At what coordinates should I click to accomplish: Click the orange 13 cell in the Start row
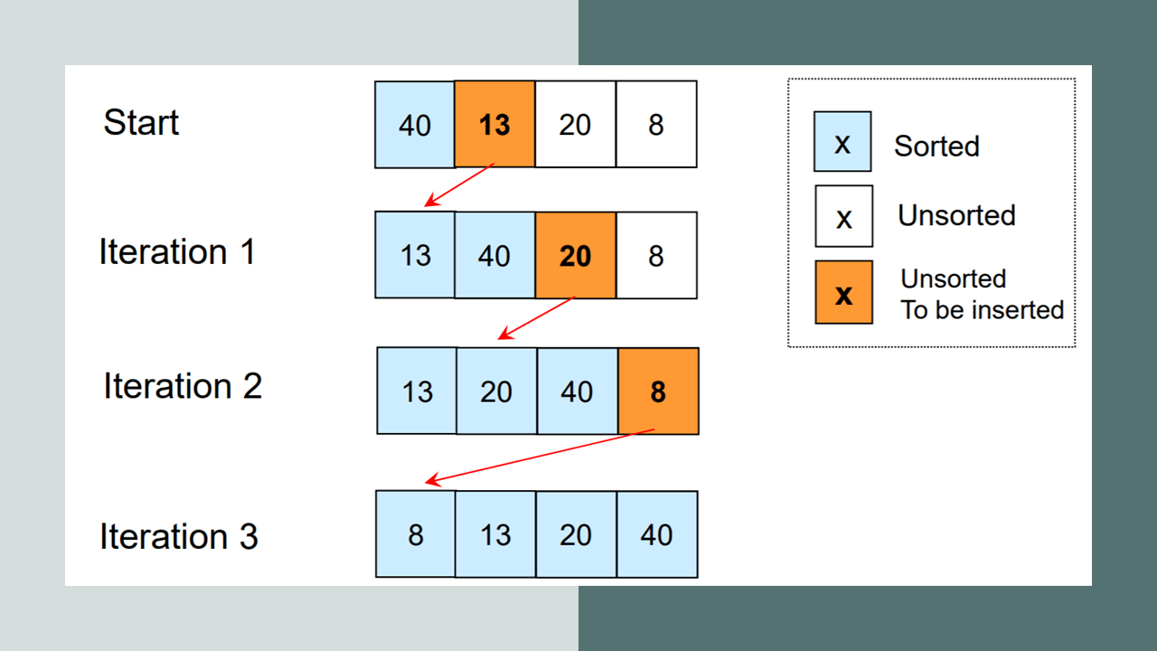click(494, 124)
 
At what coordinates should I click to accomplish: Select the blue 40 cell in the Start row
click(415, 125)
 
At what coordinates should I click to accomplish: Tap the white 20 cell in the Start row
click(576, 124)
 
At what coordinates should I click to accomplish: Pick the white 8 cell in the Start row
click(656, 124)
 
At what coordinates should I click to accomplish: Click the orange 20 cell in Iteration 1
click(576, 255)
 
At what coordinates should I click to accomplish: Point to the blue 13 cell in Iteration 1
click(415, 255)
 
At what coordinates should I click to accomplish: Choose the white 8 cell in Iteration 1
click(656, 255)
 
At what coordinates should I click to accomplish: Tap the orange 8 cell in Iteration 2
click(659, 392)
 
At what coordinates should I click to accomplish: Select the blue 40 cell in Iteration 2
click(578, 392)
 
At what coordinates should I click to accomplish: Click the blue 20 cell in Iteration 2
click(497, 392)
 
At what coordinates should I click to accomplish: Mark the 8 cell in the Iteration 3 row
click(416, 533)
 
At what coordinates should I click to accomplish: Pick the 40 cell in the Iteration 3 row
click(657, 534)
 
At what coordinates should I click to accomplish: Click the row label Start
click(141, 122)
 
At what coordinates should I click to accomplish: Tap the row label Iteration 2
click(183, 385)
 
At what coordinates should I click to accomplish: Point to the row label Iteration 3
click(179, 536)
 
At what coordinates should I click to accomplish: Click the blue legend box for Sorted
click(842, 141)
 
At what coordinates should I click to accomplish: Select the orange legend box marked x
click(844, 292)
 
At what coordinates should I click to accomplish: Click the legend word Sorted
click(936, 146)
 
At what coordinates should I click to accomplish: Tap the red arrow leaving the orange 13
click(459, 185)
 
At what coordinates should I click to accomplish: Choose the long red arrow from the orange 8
click(540, 457)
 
